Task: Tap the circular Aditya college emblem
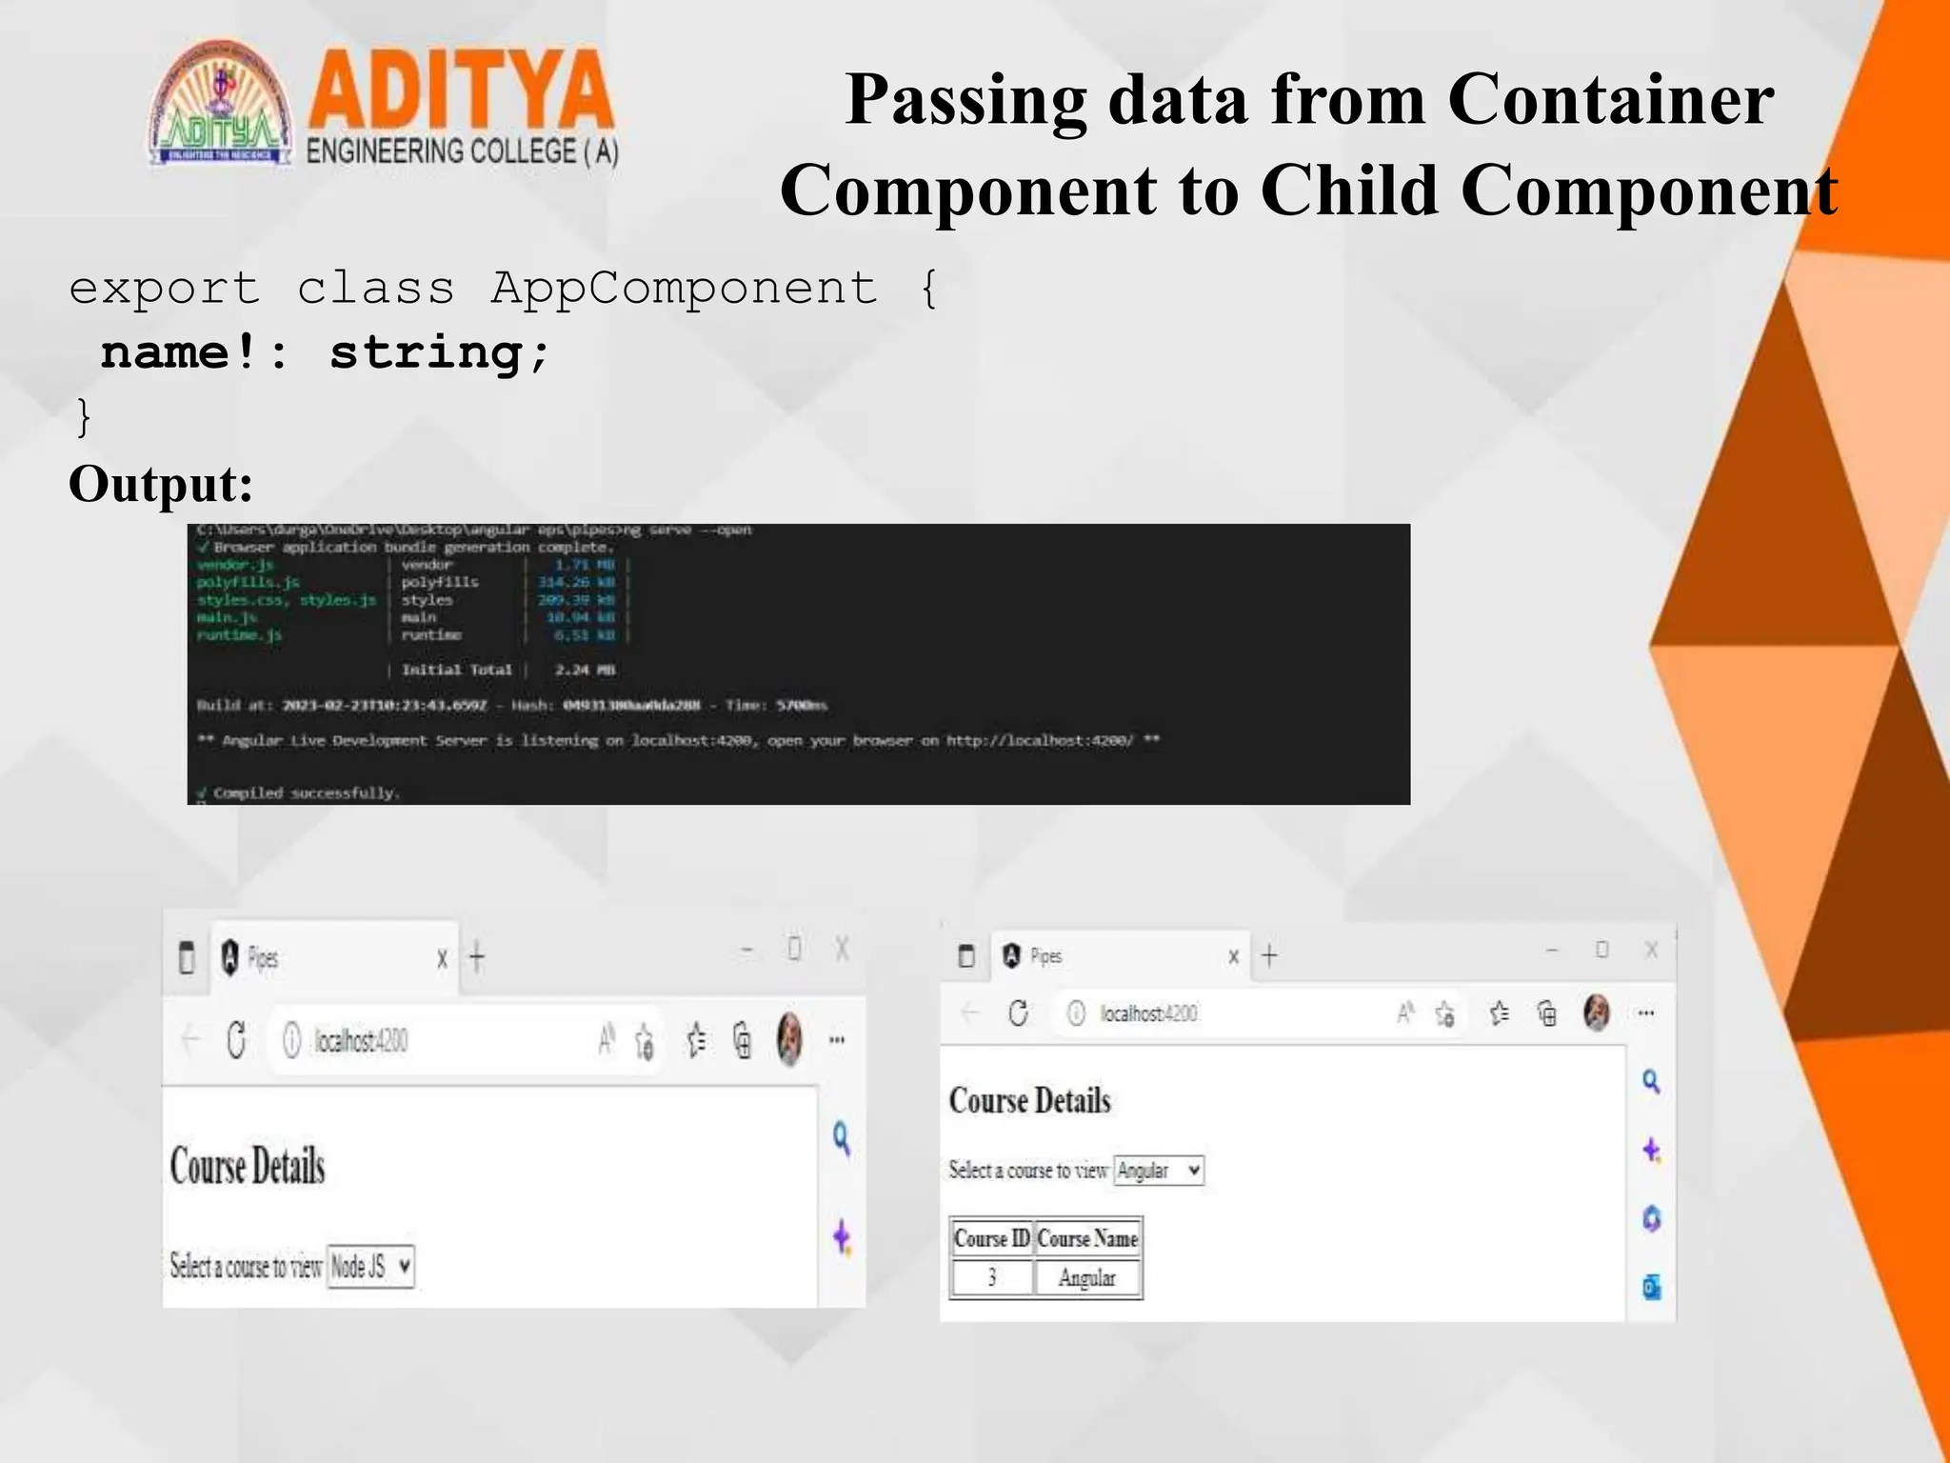(x=221, y=105)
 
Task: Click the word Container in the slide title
(x=1610, y=99)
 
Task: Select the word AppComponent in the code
(x=684, y=288)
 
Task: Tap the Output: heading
(x=161, y=484)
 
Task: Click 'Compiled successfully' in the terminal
(x=306, y=792)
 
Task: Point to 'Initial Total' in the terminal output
(x=456, y=670)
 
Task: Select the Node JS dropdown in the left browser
(x=370, y=1267)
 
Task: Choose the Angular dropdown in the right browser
(x=1159, y=1171)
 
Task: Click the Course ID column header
(x=991, y=1238)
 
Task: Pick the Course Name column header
(x=1087, y=1238)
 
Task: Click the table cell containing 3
(x=991, y=1278)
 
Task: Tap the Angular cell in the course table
(x=1087, y=1278)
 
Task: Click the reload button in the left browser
(x=237, y=1040)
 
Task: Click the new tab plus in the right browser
(x=1269, y=955)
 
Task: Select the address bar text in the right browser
(x=1148, y=1013)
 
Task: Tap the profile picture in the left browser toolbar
(x=789, y=1039)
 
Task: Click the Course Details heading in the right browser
(x=1030, y=1101)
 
